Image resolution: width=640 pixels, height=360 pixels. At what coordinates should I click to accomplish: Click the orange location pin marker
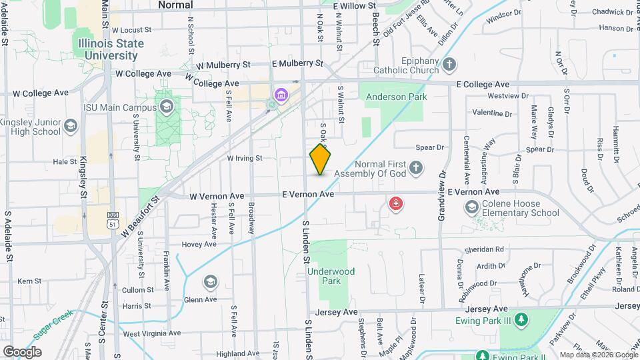point(321,159)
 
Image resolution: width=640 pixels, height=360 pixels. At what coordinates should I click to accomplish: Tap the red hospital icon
point(396,203)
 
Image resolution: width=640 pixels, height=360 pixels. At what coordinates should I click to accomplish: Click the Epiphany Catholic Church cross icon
point(450,65)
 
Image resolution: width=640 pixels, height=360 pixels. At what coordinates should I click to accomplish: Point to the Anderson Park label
point(395,97)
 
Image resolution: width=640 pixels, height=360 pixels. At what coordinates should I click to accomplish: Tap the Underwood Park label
point(331,276)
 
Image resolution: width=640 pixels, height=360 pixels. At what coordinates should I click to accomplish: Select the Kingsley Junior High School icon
point(69,126)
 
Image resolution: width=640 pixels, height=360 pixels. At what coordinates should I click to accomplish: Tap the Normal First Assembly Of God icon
point(416,168)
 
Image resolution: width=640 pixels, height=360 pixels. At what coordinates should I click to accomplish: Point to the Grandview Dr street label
point(441,197)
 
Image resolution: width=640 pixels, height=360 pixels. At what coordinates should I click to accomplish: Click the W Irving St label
point(254,159)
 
